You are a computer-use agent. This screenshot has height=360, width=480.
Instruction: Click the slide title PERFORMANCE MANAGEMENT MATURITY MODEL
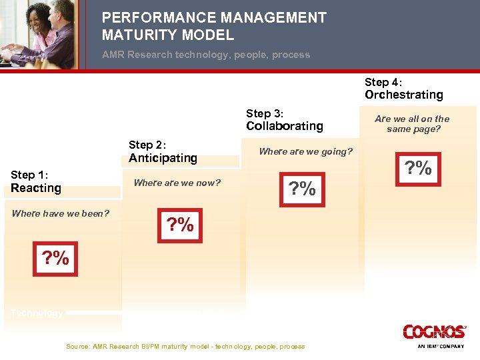[x=214, y=27]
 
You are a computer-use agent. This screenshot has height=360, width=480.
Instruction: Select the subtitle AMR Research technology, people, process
[x=205, y=55]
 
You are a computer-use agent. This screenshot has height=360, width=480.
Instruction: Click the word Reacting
[x=36, y=188]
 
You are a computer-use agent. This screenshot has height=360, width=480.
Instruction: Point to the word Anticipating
[x=163, y=158]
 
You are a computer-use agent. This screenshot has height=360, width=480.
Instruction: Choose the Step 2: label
[x=147, y=145]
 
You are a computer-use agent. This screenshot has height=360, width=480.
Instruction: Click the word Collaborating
[x=284, y=126]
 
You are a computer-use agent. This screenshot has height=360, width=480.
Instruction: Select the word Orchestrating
[x=403, y=95]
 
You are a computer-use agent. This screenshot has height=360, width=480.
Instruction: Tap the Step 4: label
[x=383, y=82]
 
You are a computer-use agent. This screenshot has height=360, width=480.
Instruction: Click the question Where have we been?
[x=60, y=213]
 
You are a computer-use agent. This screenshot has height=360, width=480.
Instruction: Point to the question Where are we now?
[x=177, y=183]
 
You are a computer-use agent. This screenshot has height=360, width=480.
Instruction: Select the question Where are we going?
[x=305, y=151]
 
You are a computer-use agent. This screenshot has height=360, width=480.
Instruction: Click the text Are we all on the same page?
[x=412, y=124]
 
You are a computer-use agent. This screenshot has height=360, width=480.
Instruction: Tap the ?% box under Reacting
[x=55, y=258]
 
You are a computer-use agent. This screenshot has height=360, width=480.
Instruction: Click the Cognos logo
[x=434, y=332]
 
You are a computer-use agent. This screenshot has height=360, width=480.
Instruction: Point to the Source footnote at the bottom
[x=185, y=346]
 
